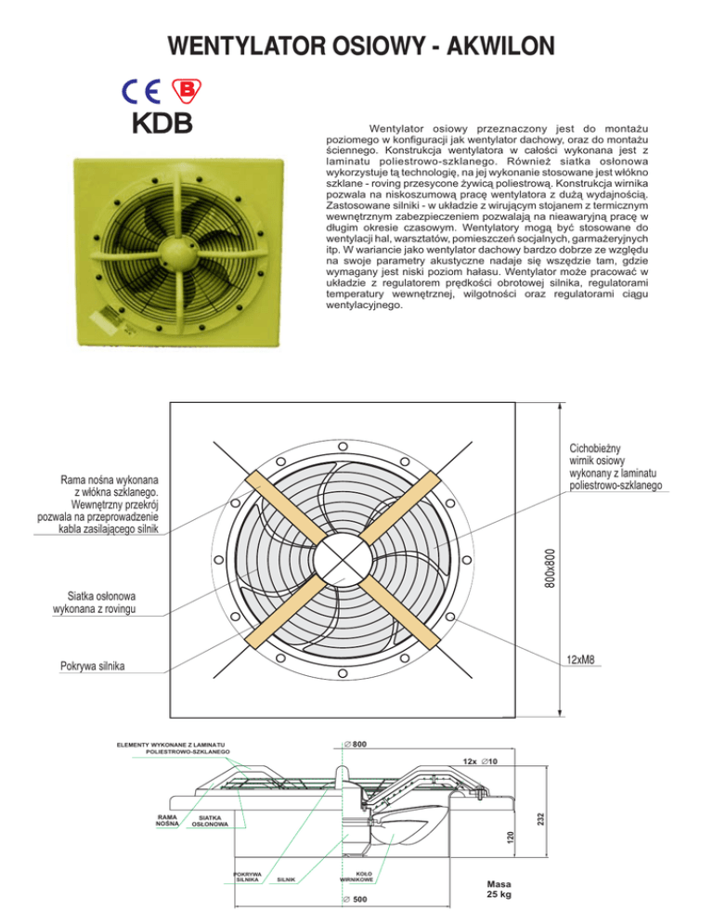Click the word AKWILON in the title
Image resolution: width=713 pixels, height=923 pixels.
click(x=500, y=45)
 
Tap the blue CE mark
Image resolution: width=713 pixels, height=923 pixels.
click(x=141, y=91)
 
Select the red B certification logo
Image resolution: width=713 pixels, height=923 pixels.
click(x=186, y=91)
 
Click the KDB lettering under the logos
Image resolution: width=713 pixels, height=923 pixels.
click(x=162, y=123)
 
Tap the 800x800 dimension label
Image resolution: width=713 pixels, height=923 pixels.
click(x=550, y=568)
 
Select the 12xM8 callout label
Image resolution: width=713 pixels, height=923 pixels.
click(x=580, y=660)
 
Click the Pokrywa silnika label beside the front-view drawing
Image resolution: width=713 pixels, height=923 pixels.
click(x=93, y=666)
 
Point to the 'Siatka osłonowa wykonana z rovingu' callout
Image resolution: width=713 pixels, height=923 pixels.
click(x=94, y=603)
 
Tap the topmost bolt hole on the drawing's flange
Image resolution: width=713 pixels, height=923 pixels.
click(x=342, y=447)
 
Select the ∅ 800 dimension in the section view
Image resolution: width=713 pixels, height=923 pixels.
click(x=355, y=744)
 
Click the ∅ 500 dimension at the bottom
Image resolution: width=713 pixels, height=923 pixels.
click(x=355, y=900)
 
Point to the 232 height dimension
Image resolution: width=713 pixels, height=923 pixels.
click(x=541, y=819)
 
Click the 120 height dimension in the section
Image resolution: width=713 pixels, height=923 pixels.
click(x=510, y=837)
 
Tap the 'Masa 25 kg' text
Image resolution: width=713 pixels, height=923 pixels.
click(x=499, y=889)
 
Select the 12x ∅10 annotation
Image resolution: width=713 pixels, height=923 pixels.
click(x=480, y=761)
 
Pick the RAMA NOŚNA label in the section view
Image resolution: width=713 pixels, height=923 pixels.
click(x=167, y=820)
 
